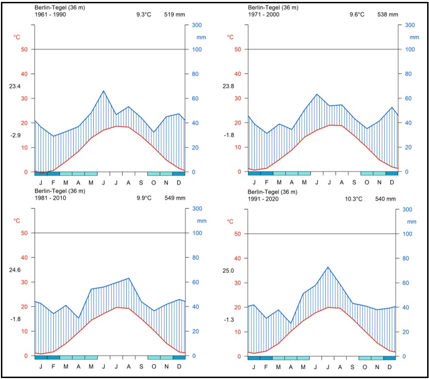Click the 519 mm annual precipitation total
tap(175, 15)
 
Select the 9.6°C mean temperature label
tap(357, 15)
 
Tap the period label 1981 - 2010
tap(50, 198)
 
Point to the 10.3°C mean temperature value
tap(354, 199)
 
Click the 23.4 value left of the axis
tap(15, 86)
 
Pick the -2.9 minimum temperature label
tap(15, 135)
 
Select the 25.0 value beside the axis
tap(229, 271)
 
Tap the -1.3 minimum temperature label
tap(229, 320)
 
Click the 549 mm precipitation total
tap(175, 198)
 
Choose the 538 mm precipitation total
tap(388, 15)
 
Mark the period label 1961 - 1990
tap(50, 15)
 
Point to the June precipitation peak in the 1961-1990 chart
tap(104, 91)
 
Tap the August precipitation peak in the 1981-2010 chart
tap(129, 278)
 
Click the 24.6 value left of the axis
tap(15, 270)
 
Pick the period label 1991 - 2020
tap(264, 199)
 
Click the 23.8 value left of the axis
tap(229, 86)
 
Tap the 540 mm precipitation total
tap(385, 199)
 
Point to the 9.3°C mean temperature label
tap(144, 15)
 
